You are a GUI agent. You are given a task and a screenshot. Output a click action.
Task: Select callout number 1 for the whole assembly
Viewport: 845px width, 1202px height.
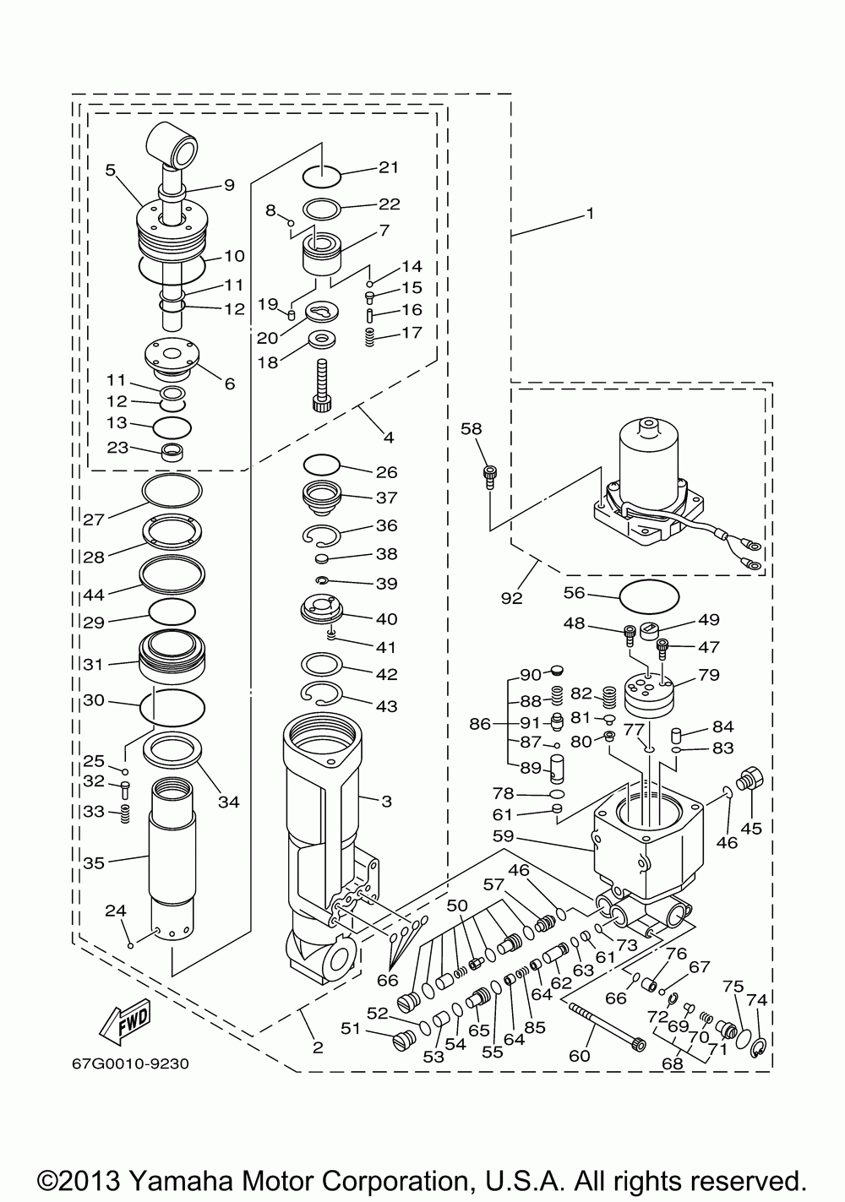point(591,214)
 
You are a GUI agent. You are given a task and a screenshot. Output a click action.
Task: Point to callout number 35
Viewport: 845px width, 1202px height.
point(93,862)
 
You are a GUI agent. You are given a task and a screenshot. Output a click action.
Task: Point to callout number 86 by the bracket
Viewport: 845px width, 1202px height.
point(480,723)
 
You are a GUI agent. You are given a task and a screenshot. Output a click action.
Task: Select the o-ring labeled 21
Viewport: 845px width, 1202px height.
point(321,176)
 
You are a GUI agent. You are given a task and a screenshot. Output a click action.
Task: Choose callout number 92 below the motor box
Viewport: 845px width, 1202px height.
point(511,598)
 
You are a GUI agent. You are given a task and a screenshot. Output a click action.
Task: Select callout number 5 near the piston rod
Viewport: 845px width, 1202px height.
point(110,170)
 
